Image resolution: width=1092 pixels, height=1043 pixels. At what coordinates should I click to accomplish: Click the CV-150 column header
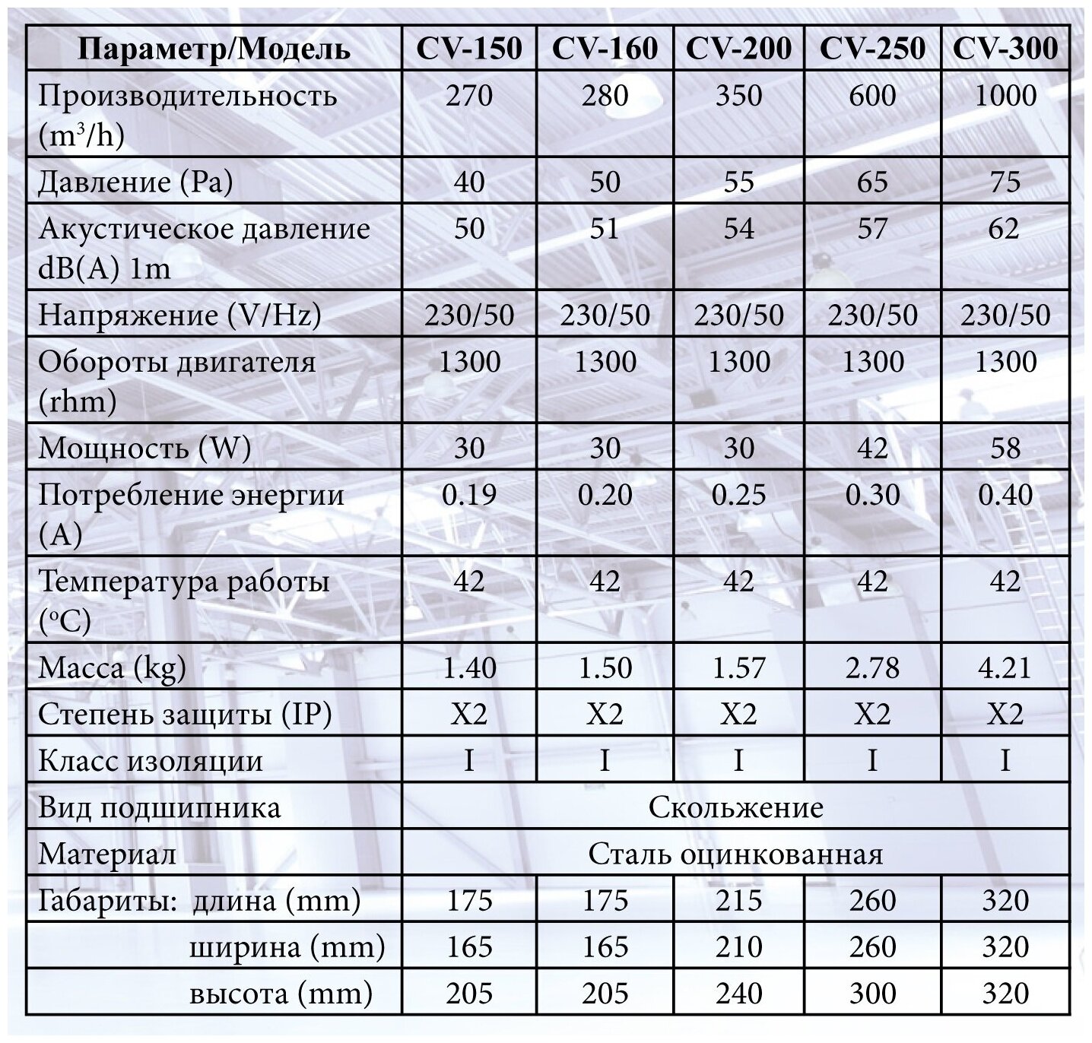click(469, 49)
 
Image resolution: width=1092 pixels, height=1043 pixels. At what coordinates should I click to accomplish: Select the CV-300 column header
click(1005, 49)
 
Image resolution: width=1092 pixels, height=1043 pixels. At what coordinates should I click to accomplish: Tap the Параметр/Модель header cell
click(214, 49)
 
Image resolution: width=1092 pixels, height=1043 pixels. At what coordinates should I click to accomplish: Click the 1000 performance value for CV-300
click(1005, 96)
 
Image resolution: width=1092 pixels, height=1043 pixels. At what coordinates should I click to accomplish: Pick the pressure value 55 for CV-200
click(738, 182)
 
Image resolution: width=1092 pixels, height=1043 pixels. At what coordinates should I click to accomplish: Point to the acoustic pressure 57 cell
click(872, 228)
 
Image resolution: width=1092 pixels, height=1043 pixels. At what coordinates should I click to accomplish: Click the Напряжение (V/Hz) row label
click(179, 314)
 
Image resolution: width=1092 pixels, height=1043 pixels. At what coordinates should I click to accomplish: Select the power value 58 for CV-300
click(1005, 448)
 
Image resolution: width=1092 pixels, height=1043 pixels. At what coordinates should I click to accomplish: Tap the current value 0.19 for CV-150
click(469, 495)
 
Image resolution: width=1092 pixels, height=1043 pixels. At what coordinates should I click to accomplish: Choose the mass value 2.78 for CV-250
click(872, 667)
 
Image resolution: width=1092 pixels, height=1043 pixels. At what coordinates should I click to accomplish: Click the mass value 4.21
click(1005, 667)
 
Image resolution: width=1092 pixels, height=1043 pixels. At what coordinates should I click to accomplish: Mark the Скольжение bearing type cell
click(735, 807)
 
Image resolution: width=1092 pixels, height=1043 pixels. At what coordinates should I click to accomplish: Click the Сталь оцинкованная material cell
click(735, 854)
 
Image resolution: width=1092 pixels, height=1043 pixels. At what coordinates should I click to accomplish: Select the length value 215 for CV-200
click(738, 901)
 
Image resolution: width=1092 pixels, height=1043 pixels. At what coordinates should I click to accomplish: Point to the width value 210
click(738, 947)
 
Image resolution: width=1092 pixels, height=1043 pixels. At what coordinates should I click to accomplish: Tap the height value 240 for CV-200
click(738, 994)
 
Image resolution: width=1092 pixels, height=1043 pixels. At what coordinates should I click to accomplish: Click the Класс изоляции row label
click(151, 761)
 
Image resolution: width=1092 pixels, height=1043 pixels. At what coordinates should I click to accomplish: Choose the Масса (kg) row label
click(113, 667)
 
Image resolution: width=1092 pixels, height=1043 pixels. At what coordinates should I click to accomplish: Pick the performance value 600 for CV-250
click(872, 96)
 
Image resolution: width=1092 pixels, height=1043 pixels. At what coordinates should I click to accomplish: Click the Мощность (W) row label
click(144, 448)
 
